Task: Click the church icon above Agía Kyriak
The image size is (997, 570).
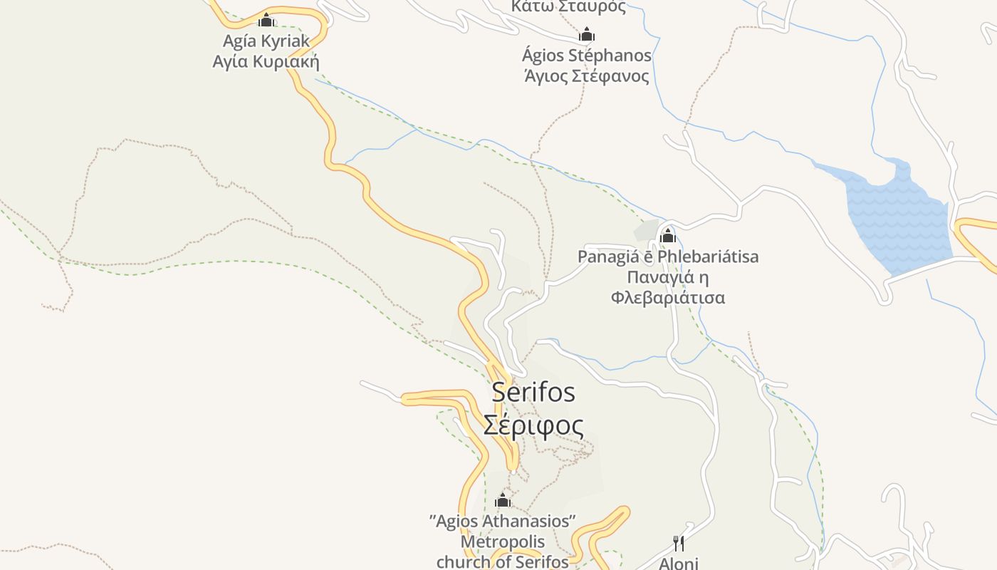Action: (266, 20)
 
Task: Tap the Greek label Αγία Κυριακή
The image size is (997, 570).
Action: (265, 61)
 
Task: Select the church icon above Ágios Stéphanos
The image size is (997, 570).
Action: (586, 34)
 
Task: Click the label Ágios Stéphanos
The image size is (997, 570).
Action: (586, 56)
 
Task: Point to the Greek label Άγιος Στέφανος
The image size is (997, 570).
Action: (586, 76)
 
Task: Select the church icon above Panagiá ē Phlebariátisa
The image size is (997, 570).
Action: (667, 235)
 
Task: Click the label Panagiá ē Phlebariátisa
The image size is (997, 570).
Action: (667, 256)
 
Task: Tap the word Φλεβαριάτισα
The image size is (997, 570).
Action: (667, 297)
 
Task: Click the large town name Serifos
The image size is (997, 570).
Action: (533, 392)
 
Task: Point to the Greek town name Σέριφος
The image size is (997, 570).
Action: (533, 425)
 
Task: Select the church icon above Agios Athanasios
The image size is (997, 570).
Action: (503, 500)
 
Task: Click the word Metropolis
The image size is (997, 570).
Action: (503, 541)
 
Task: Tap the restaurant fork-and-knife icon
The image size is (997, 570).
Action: (679, 544)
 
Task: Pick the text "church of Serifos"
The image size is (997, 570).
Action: (503, 561)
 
